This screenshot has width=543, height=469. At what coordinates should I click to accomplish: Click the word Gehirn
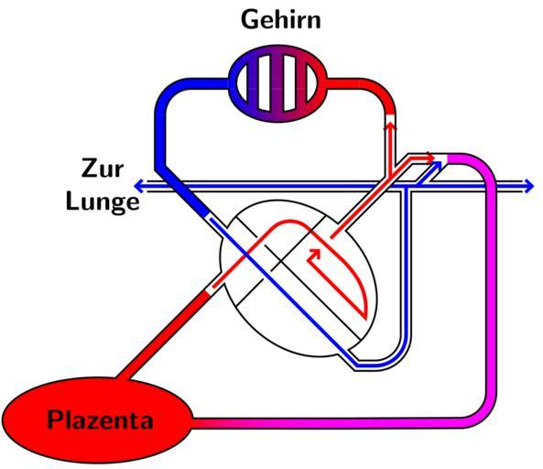pos(281,19)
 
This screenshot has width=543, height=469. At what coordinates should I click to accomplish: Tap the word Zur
pos(103,169)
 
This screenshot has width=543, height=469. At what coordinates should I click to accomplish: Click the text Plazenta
pos(100,420)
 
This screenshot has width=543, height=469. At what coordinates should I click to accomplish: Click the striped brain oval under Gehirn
pos(277,83)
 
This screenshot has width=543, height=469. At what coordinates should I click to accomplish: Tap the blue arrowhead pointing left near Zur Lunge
pos(139,186)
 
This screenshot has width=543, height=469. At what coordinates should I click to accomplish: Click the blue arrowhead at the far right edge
pos(529,186)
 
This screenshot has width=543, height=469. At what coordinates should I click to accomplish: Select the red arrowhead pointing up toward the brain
pos(391,126)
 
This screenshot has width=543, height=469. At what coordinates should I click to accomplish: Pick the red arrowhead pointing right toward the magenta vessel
pos(430,158)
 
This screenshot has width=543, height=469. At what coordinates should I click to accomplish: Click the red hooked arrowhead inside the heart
pos(312,256)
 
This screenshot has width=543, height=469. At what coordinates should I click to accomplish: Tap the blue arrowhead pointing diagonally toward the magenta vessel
pos(437,167)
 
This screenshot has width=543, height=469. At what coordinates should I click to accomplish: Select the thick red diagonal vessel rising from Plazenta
pos(164,335)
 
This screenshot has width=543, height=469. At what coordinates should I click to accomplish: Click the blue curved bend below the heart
pos(391,356)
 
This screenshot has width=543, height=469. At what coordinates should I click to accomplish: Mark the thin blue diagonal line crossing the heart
pos(283,291)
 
